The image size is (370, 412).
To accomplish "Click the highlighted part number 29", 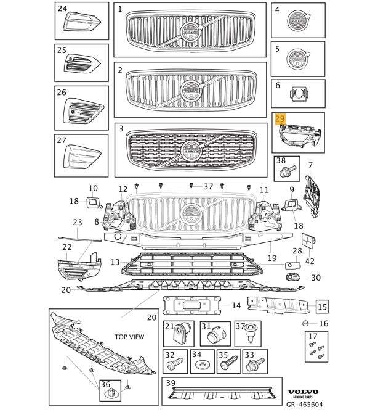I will pyautogui.click(x=280, y=119).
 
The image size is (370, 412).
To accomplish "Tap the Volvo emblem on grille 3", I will pyautogui.click(x=190, y=150).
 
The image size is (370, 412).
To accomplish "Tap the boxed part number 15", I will pyautogui.click(x=323, y=305).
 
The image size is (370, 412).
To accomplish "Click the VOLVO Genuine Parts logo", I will pyautogui.click(x=302, y=393).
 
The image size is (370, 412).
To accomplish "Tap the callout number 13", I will pyautogui.click(x=115, y=262).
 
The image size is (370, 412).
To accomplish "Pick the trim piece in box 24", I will pyautogui.click(x=81, y=23).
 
